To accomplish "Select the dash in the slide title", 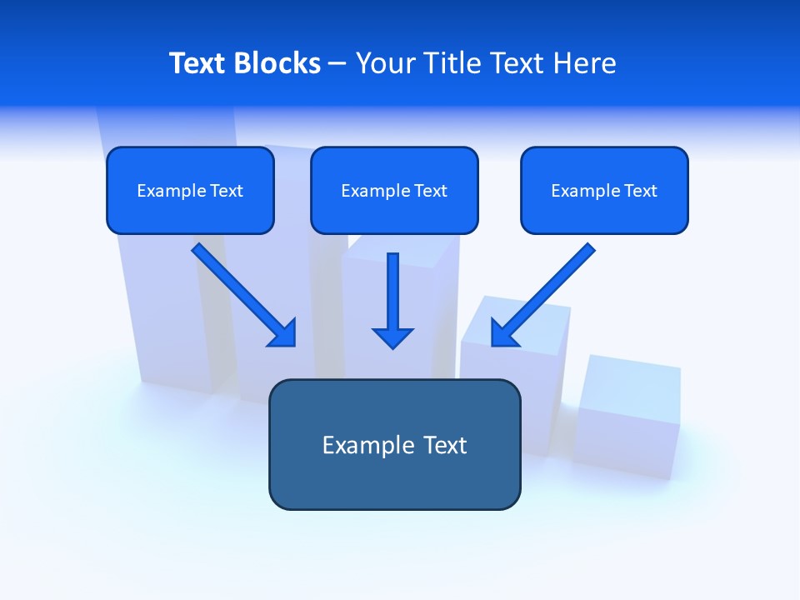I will pyautogui.click(x=337, y=64).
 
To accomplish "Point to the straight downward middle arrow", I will pyautogui.click(x=393, y=292).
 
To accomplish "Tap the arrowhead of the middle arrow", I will pyautogui.click(x=393, y=337).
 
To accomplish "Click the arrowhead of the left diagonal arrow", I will pyautogui.click(x=283, y=332).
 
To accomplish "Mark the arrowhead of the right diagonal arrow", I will pyautogui.click(x=503, y=332).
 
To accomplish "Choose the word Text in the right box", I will pyautogui.click(x=640, y=191).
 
